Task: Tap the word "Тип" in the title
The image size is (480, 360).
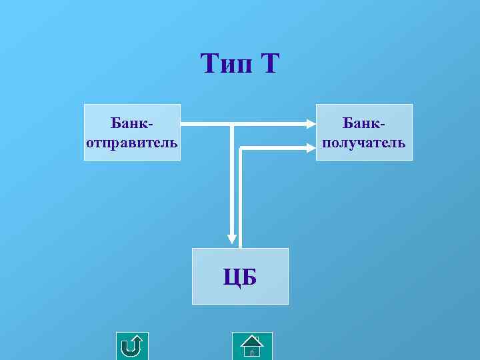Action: [224, 65]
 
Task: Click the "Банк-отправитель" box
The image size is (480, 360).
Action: [132, 132]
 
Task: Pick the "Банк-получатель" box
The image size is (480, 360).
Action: [364, 132]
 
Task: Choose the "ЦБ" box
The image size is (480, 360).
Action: [240, 276]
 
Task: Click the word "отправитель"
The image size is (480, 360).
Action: [132, 142]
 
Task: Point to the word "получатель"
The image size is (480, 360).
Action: [364, 142]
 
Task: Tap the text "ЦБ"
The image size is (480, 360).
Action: [240, 277]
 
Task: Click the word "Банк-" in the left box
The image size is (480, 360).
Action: [132, 123]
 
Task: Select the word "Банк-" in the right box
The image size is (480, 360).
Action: [364, 123]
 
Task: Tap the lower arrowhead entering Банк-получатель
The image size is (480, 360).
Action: [311, 147]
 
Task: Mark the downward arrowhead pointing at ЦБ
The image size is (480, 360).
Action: [231, 237]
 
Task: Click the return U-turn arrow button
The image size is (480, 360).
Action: [132, 346]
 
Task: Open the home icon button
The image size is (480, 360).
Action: [252, 346]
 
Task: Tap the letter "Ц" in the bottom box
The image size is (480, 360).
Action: [232, 277]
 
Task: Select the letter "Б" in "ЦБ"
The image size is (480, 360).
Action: [249, 277]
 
